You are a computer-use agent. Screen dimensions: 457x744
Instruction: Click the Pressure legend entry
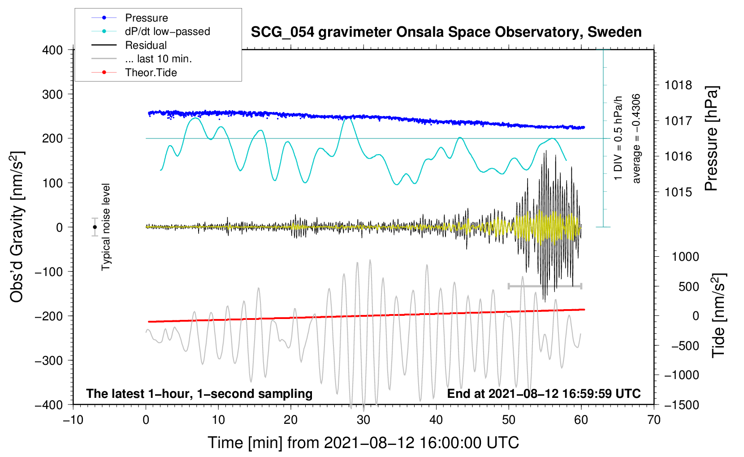tap(146, 18)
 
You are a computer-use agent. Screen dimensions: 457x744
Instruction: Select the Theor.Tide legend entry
tap(151, 73)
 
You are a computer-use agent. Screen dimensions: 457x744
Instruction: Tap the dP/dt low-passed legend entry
tap(167, 32)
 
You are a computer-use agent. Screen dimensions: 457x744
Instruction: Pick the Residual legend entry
tap(146, 45)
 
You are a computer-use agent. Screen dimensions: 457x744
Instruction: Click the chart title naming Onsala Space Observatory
tap(446, 32)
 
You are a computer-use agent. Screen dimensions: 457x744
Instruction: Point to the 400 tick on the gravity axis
tap(52, 50)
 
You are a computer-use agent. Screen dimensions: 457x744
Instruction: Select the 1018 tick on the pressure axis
tap(678, 85)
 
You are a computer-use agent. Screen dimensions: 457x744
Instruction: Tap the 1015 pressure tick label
tap(678, 192)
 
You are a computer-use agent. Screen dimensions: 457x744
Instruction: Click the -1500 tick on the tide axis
tap(682, 405)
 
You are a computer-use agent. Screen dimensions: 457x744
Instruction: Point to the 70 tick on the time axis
tap(654, 420)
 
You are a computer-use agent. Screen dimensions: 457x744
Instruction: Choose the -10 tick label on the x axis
tap(73, 420)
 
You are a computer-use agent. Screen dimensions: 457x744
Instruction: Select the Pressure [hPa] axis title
tap(712, 138)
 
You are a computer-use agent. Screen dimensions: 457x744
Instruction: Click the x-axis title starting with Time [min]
tap(363, 443)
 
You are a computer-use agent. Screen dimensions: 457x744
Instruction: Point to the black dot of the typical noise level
tap(95, 227)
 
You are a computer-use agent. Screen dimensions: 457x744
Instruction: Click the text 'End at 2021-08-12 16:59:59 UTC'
tap(544, 394)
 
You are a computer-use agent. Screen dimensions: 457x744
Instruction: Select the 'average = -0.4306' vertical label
tap(636, 138)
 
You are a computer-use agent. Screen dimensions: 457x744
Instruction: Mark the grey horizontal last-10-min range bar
tap(545, 286)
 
